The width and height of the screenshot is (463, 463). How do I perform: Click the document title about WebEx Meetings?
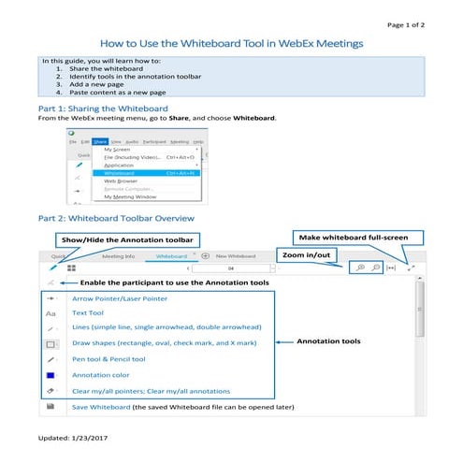[x=231, y=44]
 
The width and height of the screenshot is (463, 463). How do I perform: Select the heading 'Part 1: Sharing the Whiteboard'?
[x=94, y=109]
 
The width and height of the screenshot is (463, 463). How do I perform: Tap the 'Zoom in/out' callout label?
[x=303, y=253]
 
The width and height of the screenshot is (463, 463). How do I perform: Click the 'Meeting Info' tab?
[x=118, y=254]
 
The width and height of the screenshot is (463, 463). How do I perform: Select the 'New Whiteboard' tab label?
[x=236, y=254]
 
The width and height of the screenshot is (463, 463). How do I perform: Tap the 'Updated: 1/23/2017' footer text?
[x=74, y=439]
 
